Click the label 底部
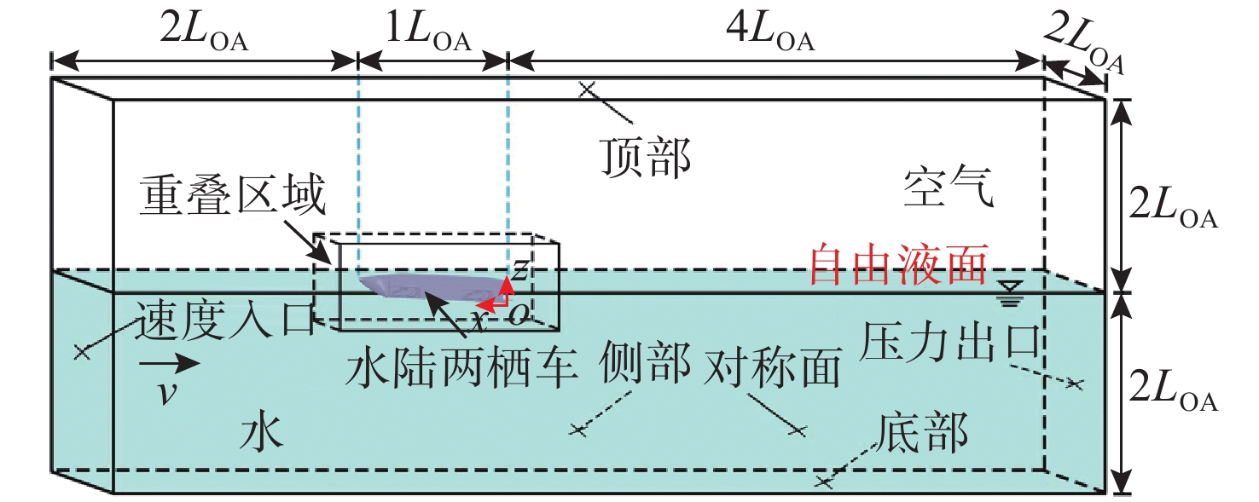(925, 435)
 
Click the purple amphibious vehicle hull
(426, 288)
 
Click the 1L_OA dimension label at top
(431, 38)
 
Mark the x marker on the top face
(586, 88)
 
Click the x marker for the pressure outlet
(1074, 384)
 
